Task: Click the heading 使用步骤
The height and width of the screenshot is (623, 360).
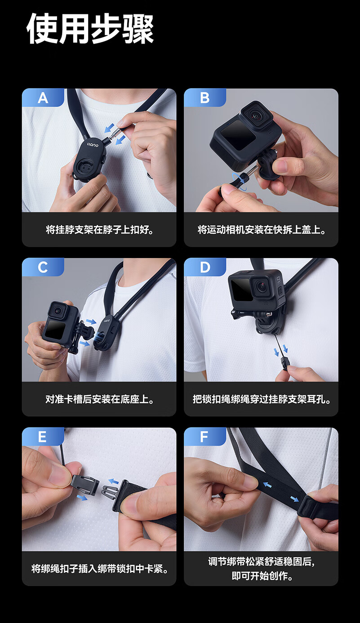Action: [90, 29]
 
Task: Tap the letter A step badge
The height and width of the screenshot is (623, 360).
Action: [43, 98]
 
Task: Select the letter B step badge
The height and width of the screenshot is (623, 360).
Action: [205, 98]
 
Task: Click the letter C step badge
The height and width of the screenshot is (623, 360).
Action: [43, 267]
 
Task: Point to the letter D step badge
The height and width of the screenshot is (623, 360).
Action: [205, 267]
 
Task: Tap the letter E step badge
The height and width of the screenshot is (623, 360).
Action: [42, 436]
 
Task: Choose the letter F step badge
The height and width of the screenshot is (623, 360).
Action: [204, 436]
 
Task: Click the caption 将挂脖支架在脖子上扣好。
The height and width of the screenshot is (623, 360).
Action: [99, 230]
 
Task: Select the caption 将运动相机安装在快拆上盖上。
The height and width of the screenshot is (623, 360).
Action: [261, 230]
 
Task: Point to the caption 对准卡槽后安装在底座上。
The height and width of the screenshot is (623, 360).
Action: [99, 400]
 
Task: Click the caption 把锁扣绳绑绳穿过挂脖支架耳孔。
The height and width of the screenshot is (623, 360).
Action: [261, 400]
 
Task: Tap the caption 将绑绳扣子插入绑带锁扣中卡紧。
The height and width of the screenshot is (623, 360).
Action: [99, 569]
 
